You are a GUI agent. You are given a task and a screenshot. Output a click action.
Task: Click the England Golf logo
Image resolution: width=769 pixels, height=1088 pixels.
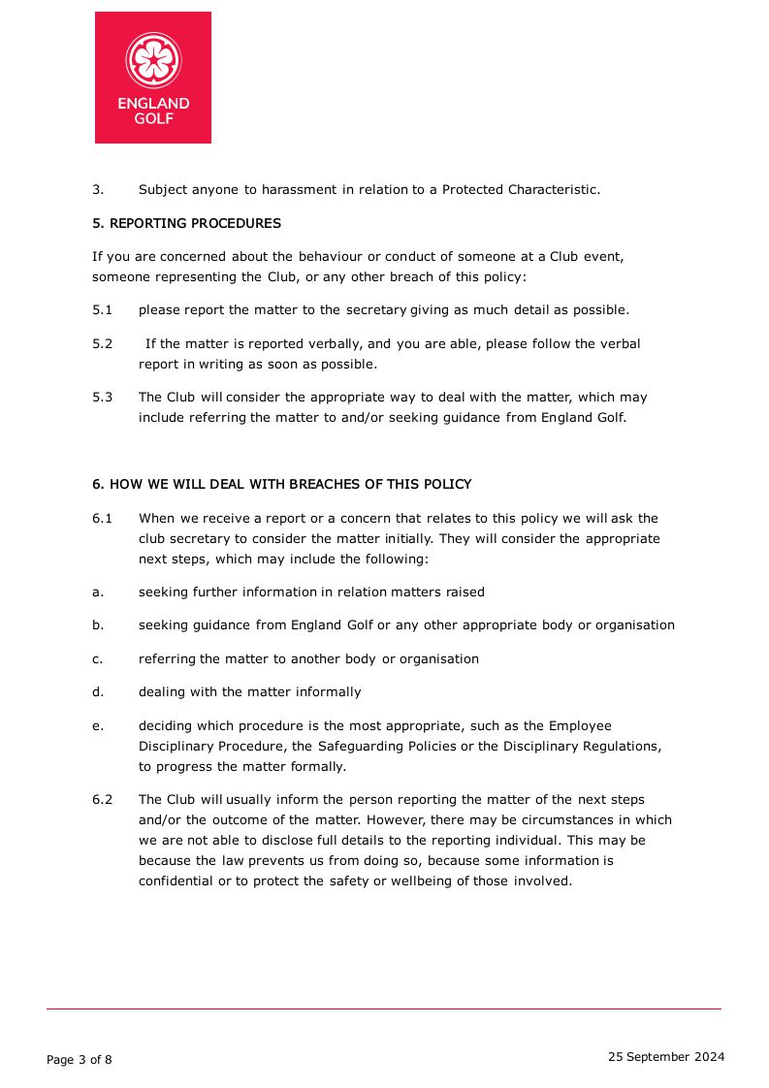point(153,78)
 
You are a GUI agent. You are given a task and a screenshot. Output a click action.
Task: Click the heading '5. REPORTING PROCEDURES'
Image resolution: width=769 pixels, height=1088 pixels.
point(186,223)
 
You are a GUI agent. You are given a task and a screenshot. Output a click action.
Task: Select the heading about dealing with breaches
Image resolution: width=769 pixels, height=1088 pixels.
point(281,484)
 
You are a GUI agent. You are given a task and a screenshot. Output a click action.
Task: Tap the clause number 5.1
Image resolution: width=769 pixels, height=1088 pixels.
point(103,310)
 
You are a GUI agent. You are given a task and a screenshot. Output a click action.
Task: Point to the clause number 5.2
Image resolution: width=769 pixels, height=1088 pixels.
point(103,344)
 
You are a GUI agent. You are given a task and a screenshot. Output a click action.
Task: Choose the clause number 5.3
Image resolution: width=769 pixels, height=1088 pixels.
point(103,397)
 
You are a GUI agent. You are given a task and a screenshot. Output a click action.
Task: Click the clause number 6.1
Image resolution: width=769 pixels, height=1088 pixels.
point(103,519)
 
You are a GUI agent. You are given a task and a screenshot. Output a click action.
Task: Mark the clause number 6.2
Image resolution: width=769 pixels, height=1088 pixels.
point(103,800)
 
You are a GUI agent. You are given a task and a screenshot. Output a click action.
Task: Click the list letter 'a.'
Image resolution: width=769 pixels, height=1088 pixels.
point(98,592)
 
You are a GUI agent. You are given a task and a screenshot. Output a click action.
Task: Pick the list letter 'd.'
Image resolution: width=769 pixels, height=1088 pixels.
point(98,692)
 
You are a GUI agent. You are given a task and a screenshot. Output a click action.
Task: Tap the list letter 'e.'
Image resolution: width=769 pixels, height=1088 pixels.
point(98,725)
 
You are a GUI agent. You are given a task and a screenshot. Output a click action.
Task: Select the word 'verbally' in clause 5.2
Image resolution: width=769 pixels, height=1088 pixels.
point(336,344)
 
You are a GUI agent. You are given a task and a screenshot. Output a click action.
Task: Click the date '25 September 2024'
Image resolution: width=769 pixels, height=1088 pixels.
point(665,1057)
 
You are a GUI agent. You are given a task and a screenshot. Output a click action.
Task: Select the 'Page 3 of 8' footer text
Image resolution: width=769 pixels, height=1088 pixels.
point(80,1060)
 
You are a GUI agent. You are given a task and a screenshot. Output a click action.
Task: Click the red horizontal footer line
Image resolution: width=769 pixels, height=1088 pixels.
point(384,1009)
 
